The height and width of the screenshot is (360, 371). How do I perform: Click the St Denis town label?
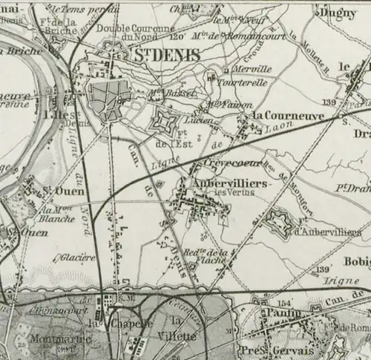pos(167,55)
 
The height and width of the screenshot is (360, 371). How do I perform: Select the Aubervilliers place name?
pos(211,183)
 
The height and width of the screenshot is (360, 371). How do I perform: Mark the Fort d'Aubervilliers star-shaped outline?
pos(278,220)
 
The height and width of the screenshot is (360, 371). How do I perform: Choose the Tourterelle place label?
pos(241,82)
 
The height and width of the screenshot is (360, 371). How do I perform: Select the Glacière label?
pos(75,258)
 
